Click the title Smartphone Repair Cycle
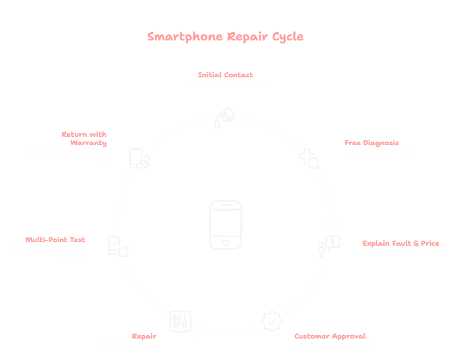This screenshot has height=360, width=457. pos(226,37)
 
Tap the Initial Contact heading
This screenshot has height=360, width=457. pos(226,75)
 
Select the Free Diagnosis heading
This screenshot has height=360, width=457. pos(371,143)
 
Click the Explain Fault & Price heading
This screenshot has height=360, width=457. pos(401,243)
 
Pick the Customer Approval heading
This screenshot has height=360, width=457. pos(330,336)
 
